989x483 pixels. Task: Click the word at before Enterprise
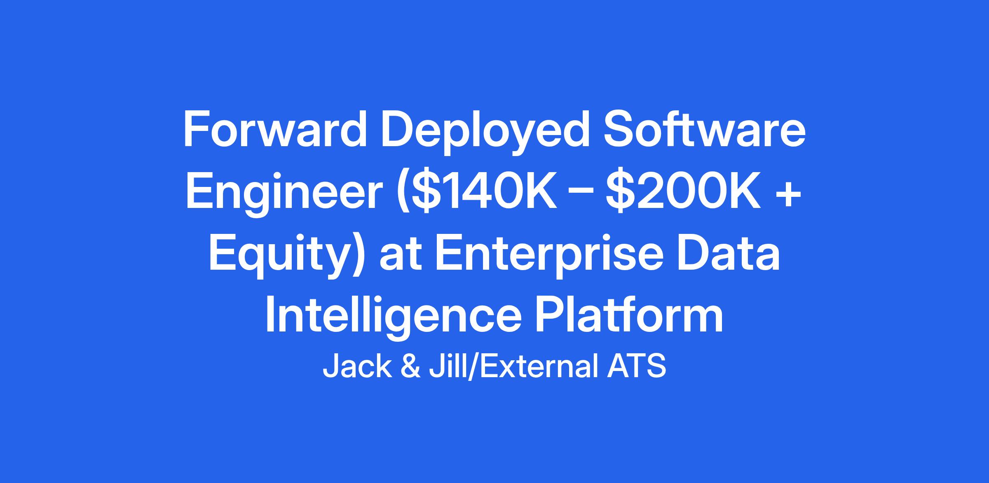tap(399, 256)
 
